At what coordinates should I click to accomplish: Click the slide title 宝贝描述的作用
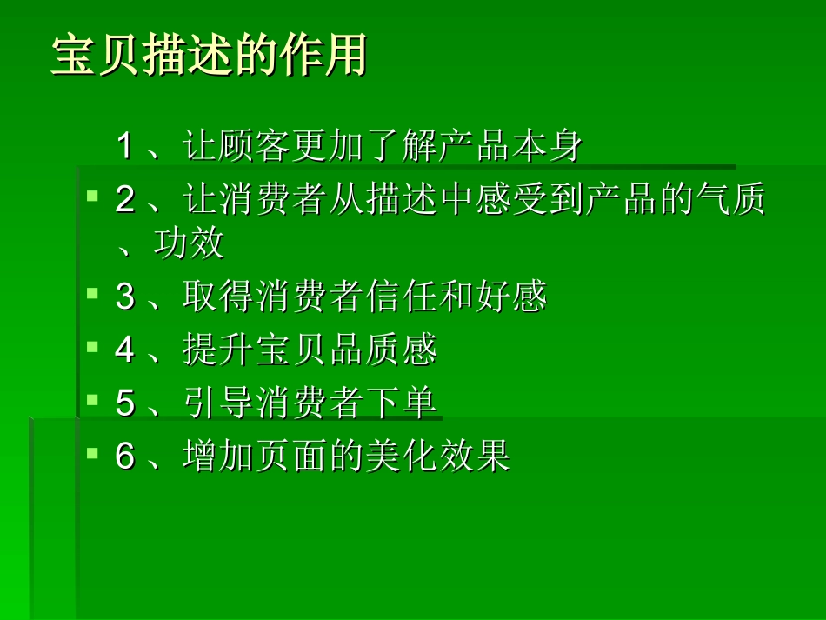point(209,56)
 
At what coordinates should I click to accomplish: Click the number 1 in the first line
point(125,146)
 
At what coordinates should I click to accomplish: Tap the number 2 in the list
point(125,201)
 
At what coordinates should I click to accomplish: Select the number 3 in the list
point(125,297)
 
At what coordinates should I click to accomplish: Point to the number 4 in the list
point(125,350)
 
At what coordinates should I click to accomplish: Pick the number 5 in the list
point(125,403)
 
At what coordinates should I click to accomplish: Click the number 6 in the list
point(125,457)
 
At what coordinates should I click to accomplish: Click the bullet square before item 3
point(92,294)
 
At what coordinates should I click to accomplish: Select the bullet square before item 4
point(92,347)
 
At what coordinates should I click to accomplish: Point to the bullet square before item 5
point(92,400)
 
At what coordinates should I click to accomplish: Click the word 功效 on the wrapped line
point(189,244)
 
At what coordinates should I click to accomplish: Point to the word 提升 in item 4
point(218,350)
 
